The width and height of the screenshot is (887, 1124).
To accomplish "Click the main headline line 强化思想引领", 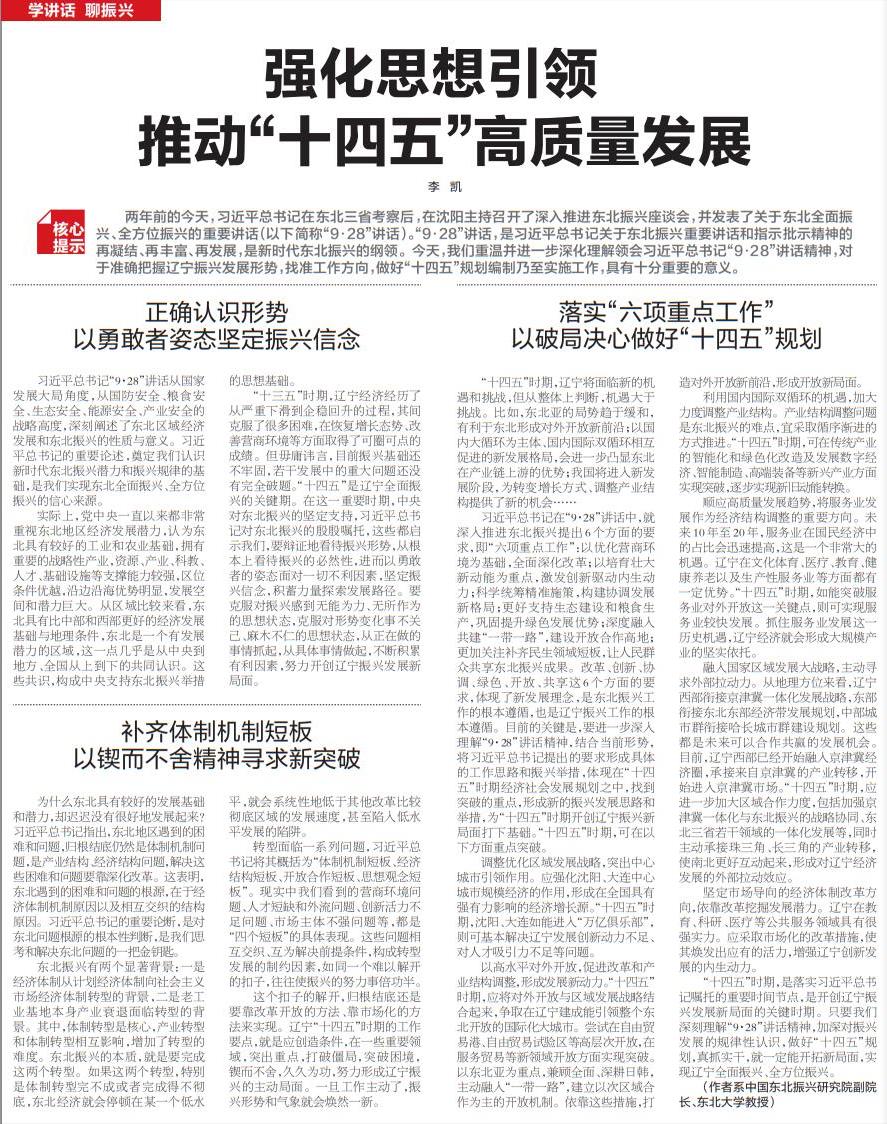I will tap(443, 75).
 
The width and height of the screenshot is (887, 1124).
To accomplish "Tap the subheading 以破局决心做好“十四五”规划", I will tap(666, 338).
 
